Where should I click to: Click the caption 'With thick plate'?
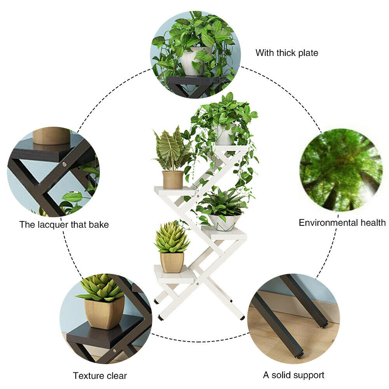tap(287, 53)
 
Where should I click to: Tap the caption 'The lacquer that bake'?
tap(64, 225)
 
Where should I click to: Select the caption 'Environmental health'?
tap(342, 223)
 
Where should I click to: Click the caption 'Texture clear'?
tap(100, 376)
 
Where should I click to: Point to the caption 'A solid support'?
tap(293, 375)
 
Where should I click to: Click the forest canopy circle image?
tap(341, 170)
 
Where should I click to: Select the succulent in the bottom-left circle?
tap(101, 287)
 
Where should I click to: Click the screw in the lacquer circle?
tap(64, 164)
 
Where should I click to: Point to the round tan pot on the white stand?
tap(173, 180)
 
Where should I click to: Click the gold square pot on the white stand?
tap(172, 262)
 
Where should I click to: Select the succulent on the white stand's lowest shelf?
tap(171, 237)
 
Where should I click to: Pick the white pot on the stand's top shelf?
tap(224, 136)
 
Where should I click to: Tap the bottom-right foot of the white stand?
tap(242, 318)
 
